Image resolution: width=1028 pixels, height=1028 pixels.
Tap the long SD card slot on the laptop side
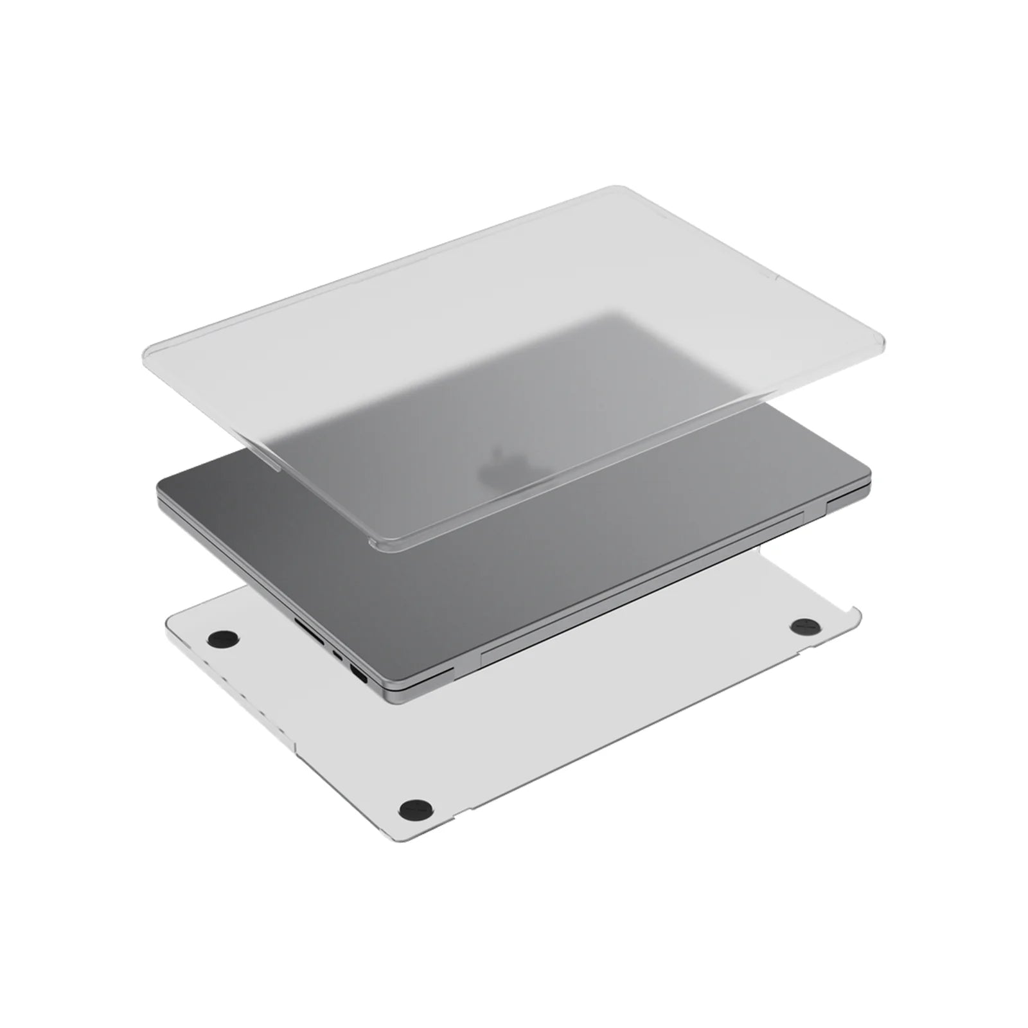click(308, 623)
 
